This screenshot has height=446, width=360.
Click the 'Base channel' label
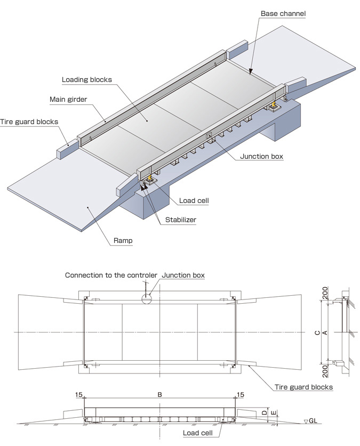283,14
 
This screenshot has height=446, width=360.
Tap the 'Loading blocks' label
87,79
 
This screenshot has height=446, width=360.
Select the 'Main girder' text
68,99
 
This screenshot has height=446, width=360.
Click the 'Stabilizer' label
181,220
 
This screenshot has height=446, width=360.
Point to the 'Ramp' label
123,240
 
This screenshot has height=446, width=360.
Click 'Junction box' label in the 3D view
261,156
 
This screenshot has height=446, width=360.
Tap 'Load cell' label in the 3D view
194,200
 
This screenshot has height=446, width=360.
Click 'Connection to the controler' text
111,275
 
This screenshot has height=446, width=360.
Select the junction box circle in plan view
147,298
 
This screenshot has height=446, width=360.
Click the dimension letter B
159,394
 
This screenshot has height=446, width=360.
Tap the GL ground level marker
310,421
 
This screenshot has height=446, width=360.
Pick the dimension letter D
265,412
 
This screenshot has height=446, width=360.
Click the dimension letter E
274,413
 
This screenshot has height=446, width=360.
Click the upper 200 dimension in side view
325,293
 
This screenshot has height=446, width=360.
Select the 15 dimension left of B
79,394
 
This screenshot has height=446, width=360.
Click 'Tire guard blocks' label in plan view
303,387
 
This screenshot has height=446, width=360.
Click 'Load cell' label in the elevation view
198,433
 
